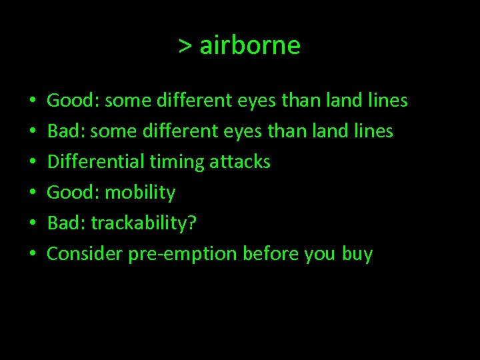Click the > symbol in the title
click(x=185, y=47)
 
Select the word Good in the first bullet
click(x=71, y=101)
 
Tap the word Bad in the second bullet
click(x=63, y=131)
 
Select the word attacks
click(x=241, y=162)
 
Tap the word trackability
click(x=139, y=223)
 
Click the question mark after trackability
click(x=193, y=223)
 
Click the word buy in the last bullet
click(x=357, y=255)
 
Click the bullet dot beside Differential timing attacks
click(x=33, y=163)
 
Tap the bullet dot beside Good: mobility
click(x=33, y=193)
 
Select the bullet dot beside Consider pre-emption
click(x=33, y=255)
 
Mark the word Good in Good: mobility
click(x=71, y=193)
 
